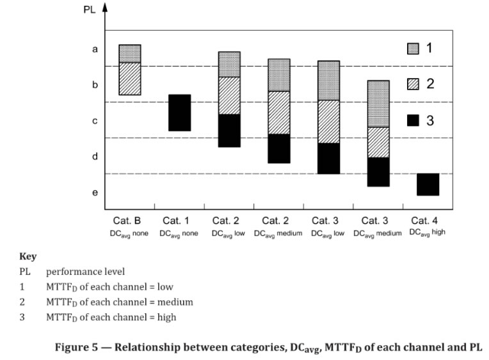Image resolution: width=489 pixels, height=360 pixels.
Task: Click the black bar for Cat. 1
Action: (x=179, y=113)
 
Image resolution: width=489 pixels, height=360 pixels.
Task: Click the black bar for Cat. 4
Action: (x=428, y=184)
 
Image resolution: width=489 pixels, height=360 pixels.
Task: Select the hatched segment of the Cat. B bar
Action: (x=130, y=79)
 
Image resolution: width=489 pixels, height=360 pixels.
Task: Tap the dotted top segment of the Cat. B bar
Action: (x=130, y=53)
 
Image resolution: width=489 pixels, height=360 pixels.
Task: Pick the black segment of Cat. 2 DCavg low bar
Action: (x=229, y=130)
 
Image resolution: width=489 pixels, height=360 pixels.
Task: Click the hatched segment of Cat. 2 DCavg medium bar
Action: (x=279, y=113)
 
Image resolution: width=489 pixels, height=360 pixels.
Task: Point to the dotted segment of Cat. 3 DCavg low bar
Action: (x=328, y=81)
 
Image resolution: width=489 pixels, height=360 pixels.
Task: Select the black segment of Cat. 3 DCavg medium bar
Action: (x=378, y=171)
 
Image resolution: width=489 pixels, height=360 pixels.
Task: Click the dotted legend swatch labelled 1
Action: (x=413, y=49)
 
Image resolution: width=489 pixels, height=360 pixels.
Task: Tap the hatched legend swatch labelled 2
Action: (x=413, y=84)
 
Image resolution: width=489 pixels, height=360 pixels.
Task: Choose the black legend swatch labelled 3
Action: (x=413, y=120)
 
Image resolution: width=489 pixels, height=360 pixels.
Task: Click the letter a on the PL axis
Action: (x=95, y=49)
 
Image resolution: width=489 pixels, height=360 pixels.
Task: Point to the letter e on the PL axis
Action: (x=95, y=192)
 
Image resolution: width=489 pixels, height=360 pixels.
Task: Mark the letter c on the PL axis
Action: (x=95, y=120)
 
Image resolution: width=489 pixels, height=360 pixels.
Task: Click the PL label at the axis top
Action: (x=89, y=10)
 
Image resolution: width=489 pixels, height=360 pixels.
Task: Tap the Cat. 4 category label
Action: (x=428, y=221)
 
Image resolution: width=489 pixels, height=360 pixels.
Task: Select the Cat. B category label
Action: (x=130, y=221)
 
